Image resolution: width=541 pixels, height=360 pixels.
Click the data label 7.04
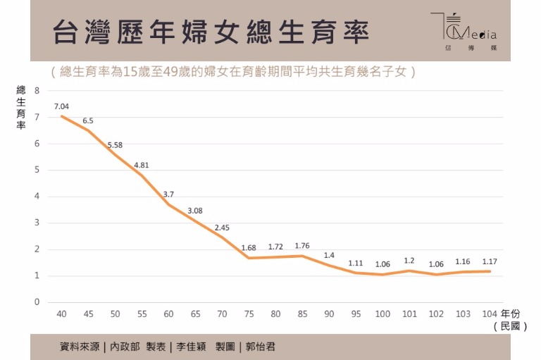tap(61, 106)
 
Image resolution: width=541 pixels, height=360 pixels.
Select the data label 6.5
tap(87, 120)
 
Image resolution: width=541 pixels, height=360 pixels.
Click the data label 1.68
tap(248, 247)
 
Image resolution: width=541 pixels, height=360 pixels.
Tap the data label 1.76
tap(302, 246)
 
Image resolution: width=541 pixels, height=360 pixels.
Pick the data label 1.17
tap(490, 261)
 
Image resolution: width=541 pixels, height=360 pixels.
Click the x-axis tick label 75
tap(249, 313)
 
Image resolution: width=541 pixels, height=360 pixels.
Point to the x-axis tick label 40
tap(61, 313)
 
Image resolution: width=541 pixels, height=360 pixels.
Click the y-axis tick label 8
tap(37, 90)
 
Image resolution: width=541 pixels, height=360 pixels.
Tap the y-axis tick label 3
tap(37, 223)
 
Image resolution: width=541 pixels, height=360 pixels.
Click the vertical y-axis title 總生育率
tap(21, 108)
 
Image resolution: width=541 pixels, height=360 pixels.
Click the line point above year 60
tap(168, 204)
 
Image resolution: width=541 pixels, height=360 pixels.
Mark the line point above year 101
tap(409, 271)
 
